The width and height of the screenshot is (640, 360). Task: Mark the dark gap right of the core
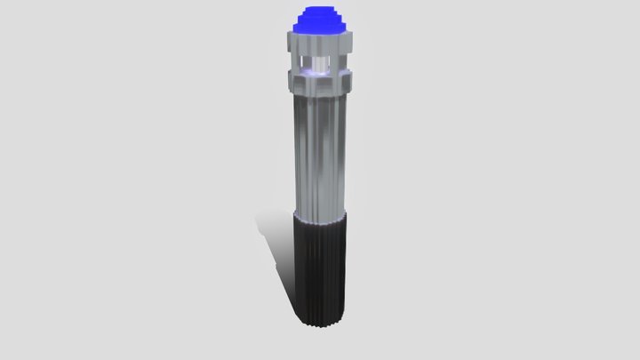[332, 62]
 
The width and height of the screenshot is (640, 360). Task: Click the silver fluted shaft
[320, 151]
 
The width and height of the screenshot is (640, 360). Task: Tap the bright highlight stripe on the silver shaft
[310, 151]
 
